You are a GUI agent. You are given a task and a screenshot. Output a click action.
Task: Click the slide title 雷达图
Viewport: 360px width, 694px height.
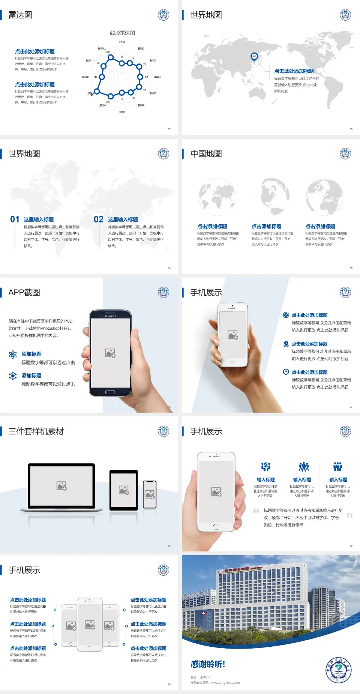tap(20, 15)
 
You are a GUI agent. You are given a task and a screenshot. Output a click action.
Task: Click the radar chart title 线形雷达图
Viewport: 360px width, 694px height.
tap(122, 33)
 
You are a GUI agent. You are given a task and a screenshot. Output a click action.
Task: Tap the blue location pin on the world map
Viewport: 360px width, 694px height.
tap(254, 56)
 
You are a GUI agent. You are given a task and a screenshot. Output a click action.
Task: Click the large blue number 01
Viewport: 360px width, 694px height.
tap(15, 219)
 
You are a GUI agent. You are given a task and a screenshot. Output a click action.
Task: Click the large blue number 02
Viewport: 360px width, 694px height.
tap(99, 219)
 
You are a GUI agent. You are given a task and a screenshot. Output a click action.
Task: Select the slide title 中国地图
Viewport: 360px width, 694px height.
tap(206, 154)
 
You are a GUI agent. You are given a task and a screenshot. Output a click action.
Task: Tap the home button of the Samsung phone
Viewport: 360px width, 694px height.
tap(110, 392)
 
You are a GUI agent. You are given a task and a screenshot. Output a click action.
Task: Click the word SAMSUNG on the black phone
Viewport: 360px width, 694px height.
tap(110, 316)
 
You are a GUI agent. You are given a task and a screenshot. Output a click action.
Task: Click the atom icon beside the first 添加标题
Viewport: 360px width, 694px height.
tap(13, 355)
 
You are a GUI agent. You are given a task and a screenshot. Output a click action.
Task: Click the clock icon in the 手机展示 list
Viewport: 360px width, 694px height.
tap(286, 372)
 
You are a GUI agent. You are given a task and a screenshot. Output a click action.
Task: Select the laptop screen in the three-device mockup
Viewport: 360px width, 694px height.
tap(61, 486)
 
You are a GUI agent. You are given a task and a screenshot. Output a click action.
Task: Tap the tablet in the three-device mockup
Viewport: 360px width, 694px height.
tap(124, 490)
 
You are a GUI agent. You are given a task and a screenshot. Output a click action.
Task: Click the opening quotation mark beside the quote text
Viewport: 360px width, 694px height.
tap(256, 511)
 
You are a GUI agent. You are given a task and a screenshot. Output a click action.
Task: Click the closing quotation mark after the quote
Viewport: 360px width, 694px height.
tap(349, 515)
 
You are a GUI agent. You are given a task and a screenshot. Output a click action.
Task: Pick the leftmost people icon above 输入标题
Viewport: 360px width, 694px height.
tap(265, 467)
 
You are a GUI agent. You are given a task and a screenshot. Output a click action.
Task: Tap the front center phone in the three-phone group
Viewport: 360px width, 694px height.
tap(90, 625)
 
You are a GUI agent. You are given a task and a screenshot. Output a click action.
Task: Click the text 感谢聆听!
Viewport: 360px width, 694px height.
tap(208, 664)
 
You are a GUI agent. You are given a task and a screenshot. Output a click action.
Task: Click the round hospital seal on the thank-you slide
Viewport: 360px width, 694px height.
tap(338, 670)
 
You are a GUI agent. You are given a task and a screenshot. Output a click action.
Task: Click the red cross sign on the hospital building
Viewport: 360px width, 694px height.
tap(203, 613)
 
